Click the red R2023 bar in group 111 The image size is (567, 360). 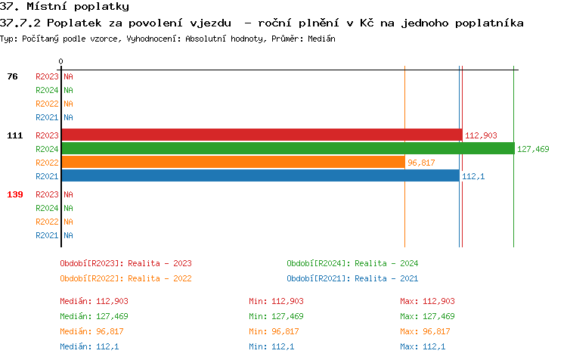[x=262, y=135]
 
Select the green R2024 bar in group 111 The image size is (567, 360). [x=287, y=149]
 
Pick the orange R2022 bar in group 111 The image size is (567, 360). [x=233, y=163]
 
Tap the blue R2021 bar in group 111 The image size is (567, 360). [x=260, y=176]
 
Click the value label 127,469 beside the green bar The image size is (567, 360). [x=533, y=149]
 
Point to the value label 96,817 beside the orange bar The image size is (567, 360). [x=421, y=163]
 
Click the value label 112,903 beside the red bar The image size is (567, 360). [x=481, y=135]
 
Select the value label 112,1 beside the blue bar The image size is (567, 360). [x=472, y=176]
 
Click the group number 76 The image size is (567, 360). [x=12, y=76]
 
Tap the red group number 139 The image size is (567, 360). [x=14, y=194]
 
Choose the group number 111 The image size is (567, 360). [x=14, y=135]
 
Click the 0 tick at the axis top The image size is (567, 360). [x=60, y=61]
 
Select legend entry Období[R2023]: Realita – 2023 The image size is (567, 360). [x=125, y=263]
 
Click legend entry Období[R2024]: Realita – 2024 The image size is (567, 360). [x=352, y=263]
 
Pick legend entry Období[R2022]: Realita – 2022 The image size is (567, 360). [x=125, y=278]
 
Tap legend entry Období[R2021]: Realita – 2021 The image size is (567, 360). [x=352, y=278]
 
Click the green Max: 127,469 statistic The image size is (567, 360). [x=427, y=316]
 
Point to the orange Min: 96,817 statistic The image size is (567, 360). [x=274, y=331]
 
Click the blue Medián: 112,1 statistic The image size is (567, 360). [x=88, y=346]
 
